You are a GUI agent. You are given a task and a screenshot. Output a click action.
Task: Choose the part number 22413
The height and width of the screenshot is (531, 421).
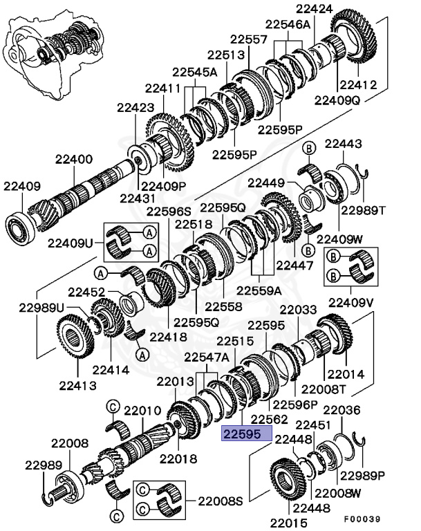coord(78,384)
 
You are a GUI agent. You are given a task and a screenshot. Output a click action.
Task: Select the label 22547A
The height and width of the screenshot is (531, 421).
coord(206,357)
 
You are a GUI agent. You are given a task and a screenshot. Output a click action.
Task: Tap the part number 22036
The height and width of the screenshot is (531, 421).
coord(342,410)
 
